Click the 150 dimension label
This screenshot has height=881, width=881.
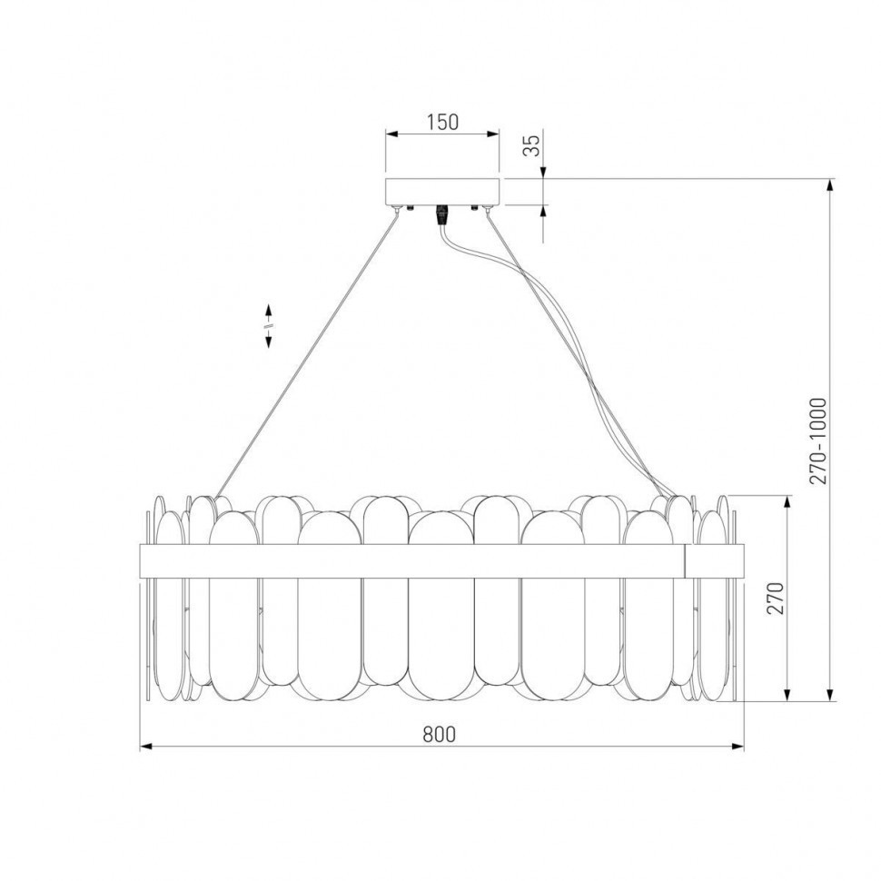[442, 122]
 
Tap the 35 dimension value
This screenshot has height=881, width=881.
[534, 144]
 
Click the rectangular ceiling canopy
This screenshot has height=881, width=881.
[442, 191]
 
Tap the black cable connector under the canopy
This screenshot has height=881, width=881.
[443, 215]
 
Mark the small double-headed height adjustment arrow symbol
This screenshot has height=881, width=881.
[269, 324]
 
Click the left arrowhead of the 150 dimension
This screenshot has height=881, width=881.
[391, 134]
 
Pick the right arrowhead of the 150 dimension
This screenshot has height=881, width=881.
[494, 134]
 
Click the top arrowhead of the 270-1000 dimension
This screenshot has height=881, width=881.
[830, 184]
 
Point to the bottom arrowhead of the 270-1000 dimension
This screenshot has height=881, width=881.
[830, 696]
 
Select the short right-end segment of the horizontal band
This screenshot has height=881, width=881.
[716, 559]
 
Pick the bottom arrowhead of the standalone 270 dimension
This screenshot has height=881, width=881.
[787, 696]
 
